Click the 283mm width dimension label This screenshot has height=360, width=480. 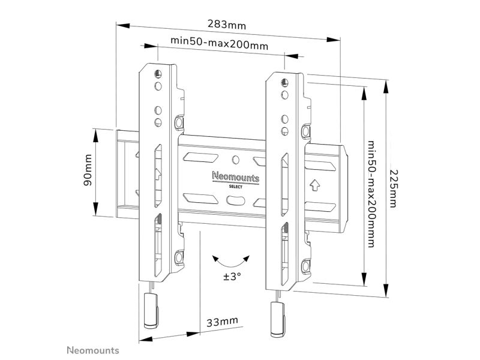pos(227,24)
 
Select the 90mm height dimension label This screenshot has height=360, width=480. pos(88,170)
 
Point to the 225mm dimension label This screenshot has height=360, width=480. pos(393,188)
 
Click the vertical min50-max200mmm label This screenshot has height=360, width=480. pos(371,194)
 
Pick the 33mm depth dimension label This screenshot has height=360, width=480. pos(222,322)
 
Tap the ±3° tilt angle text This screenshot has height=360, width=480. pos(232,277)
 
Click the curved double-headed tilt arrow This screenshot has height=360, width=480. pos(232,262)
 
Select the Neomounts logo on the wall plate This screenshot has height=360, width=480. pos(236,177)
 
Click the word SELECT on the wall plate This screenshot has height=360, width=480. pos(236,187)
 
